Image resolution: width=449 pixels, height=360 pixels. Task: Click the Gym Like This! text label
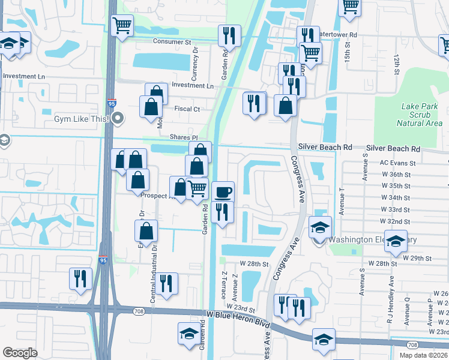point(81,119)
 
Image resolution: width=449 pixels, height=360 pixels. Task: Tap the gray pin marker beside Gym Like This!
point(118,118)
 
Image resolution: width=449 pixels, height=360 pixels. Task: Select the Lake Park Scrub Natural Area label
point(420,115)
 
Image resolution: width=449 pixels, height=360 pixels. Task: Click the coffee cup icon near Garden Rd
point(223,193)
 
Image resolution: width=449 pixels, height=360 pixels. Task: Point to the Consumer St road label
point(172,42)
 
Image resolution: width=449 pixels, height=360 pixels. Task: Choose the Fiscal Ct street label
point(187,109)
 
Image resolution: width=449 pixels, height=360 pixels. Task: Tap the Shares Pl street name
point(183,137)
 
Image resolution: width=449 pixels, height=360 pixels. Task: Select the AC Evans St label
point(397,163)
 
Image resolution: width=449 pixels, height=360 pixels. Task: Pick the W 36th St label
point(396,175)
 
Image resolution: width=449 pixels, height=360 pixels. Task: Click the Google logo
point(20,353)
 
